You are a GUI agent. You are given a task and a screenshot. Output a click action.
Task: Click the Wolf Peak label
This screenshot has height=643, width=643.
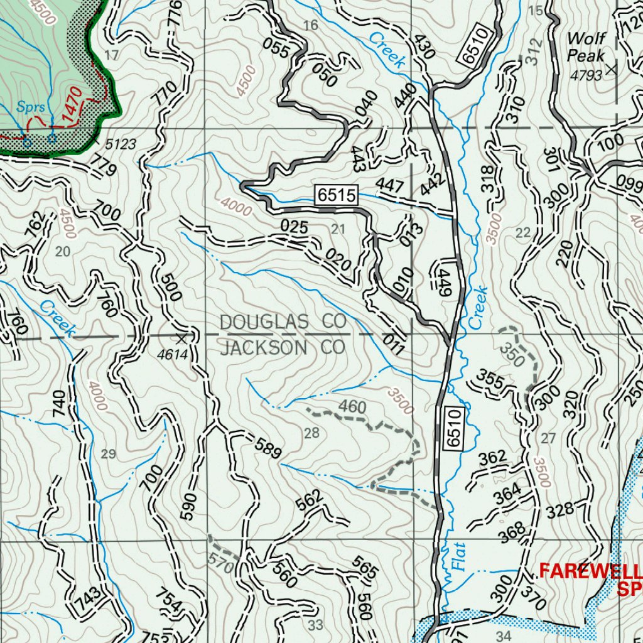click(x=586, y=47)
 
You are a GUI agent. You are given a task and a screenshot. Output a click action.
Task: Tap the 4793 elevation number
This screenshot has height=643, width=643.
click(x=586, y=75)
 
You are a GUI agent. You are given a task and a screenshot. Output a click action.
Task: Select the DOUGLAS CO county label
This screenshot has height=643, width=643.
click(x=283, y=322)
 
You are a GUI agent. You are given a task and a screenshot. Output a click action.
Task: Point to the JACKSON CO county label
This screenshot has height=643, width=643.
click(x=283, y=347)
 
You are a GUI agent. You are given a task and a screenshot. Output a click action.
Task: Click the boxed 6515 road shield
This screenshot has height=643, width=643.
click(x=337, y=196)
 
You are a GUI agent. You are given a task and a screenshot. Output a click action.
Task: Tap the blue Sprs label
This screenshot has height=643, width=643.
click(x=31, y=107)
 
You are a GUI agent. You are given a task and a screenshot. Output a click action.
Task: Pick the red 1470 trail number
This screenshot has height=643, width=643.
click(x=72, y=108)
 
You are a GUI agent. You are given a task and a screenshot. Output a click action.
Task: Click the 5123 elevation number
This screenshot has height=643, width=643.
click(x=120, y=145)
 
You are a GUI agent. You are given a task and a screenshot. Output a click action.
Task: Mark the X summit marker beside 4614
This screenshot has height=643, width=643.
click(x=182, y=338)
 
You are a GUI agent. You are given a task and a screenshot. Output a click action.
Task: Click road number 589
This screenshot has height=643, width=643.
click(x=268, y=448)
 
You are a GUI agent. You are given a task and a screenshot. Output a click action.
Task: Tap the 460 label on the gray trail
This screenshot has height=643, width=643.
click(x=352, y=408)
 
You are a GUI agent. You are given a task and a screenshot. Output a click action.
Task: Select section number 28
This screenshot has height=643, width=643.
click(x=311, y=433)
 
